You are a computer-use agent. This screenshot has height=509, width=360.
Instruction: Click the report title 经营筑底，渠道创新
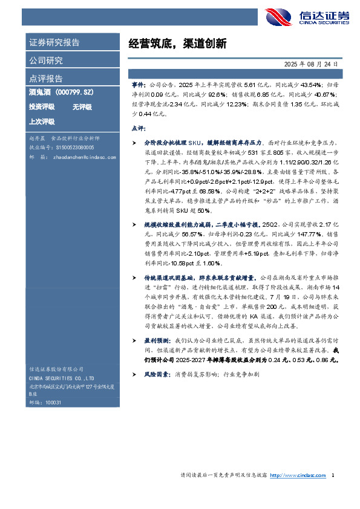coord(177,44)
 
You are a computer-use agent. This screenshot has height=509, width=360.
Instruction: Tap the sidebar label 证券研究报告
coord(54,43)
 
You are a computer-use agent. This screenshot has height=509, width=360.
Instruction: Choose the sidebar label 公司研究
coord(45,60)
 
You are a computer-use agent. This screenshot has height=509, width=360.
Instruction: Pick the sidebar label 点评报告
coord(45,79)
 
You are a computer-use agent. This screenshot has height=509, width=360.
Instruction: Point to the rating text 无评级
coord(82,107)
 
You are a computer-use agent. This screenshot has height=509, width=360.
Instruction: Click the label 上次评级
coord(42,121)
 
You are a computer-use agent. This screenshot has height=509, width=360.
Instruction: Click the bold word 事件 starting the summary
coord(138,86)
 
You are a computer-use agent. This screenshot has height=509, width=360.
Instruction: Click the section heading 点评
coord(138,129)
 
